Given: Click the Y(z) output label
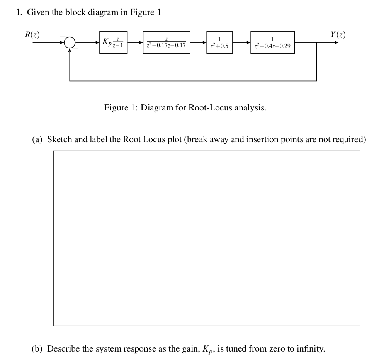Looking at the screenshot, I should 337,34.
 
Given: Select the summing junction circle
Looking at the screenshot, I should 70,42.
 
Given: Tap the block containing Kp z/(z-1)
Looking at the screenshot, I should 113,42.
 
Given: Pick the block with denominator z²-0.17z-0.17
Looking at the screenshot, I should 166,42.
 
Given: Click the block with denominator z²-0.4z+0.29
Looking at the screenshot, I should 273,42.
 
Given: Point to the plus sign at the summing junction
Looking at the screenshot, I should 61,37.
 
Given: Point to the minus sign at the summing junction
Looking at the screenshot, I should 76,49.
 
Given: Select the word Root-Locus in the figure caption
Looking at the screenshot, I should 211,107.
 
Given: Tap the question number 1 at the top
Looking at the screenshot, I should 19,12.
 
